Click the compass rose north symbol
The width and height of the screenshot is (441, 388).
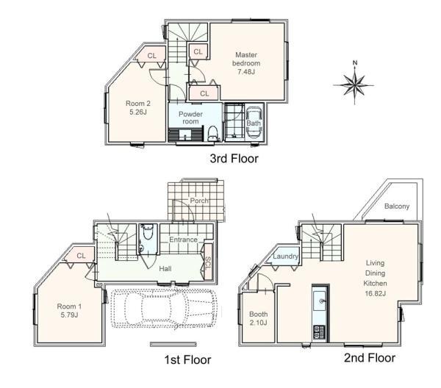354,84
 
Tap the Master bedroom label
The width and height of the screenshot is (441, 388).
246,59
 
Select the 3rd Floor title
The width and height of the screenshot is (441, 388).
234,159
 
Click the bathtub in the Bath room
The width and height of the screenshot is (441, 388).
254,123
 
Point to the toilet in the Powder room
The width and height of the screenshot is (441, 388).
212,133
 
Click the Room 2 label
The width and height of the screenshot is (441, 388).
138,103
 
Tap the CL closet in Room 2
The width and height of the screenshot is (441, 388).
151,56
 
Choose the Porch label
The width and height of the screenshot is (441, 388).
199,201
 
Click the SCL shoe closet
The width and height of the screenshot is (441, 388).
208,262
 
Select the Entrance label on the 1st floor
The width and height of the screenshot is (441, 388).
183,240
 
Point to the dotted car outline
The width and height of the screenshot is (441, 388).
164,309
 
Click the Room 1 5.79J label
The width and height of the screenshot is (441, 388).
69,310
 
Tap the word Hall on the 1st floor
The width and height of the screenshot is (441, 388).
165,268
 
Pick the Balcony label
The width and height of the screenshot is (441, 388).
397,206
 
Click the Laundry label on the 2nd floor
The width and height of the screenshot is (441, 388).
285,256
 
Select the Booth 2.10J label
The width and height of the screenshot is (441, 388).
258,318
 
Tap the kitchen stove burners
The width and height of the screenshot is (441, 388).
319,331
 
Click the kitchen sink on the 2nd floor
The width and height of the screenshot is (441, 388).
320,301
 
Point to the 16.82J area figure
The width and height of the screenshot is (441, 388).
375,293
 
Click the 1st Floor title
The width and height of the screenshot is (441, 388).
187,359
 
